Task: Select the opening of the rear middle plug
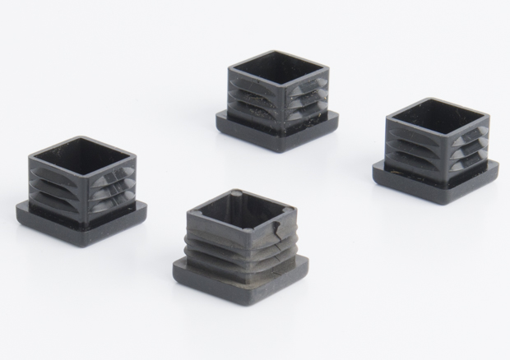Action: click(280, 70)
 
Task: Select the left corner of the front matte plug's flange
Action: click(174, 267)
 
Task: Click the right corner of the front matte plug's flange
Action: click(310, 262)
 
